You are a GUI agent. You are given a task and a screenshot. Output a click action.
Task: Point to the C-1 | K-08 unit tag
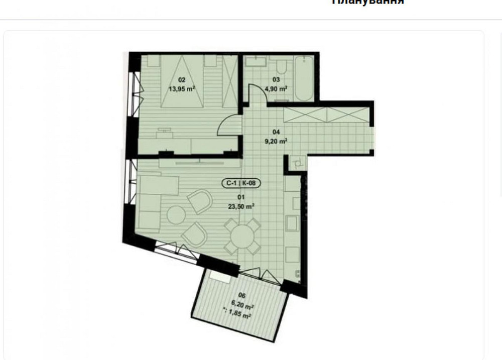pyautogui.click(x=241, y=183)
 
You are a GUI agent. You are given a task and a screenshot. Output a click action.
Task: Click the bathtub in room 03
pyautogui.click(x=304, y=79)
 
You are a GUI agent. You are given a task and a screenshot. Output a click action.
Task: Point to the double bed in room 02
pyautogui.click(x=182, y=80)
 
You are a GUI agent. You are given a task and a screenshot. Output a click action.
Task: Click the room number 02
pyautogui.click(x=182, y=79)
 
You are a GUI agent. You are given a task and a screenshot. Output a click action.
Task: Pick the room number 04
pyautogui.click(x=276, y=132)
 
